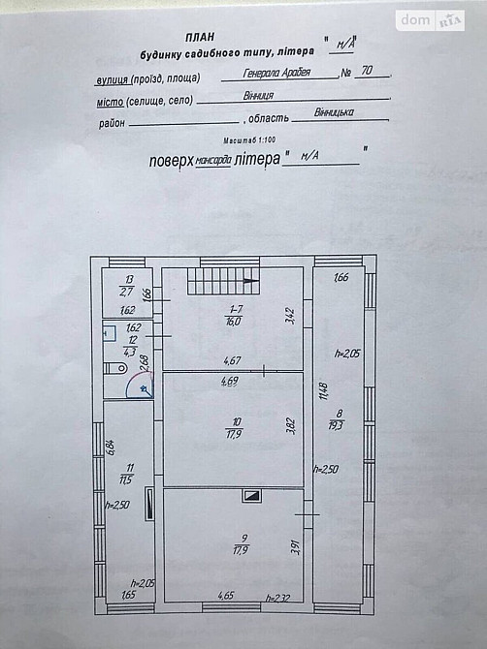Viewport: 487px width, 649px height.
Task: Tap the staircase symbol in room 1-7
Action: [x=224, y=282]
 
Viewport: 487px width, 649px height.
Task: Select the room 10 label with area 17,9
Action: [x=232, y=427]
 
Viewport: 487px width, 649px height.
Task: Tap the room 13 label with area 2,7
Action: [x=126, y=284]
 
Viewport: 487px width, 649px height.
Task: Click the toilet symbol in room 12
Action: [x=114, y=368]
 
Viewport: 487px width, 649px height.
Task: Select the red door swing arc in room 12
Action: [x=141, y=386]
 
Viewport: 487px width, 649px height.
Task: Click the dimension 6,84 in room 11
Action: [x=112, y=448]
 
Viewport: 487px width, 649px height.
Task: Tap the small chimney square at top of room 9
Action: [x=251, y=496]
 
